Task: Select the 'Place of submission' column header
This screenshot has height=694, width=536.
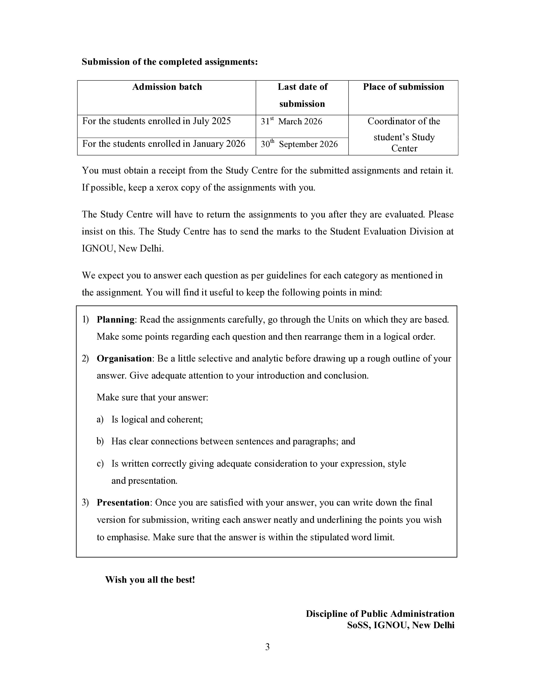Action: (x=403, y=87)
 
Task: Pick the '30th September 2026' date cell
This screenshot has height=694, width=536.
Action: (x=299, y=144)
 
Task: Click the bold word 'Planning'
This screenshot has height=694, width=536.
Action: (x=116, y=320)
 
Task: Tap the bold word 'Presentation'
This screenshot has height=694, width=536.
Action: (x=123, y=503)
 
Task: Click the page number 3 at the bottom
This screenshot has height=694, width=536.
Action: (x=267, y=647)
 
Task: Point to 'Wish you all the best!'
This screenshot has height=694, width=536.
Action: (x=150, y=580)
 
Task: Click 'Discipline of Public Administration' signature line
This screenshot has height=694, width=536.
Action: (x=380, y=614)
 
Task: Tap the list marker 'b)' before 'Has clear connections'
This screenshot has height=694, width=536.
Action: (x=100, y=442)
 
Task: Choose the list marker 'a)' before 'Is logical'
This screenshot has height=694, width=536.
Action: (x=100, y=420)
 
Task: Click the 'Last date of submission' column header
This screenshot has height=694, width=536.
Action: (x=302, y=95)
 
